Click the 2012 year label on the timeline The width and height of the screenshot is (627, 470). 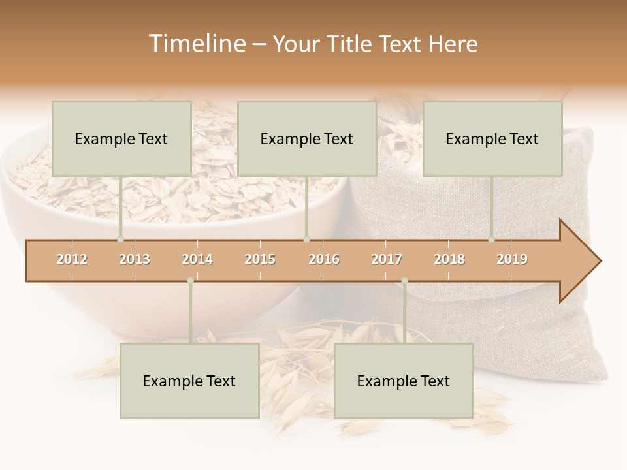(x=72, y=260)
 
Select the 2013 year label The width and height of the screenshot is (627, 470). (x=135, y=260)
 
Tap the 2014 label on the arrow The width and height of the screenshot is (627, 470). (x=197, y=260)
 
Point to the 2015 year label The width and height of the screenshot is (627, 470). (x=260, y=260)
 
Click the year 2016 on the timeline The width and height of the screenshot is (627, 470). (x=324, y=260)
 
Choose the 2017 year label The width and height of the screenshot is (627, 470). (x=387, y=260)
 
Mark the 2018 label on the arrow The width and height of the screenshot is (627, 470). (x=449, y=260)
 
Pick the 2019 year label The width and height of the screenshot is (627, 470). (x=512, y=260)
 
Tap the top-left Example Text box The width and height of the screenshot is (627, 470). (x=121, y=139)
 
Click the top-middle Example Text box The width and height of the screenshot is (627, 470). (x=307, y=139)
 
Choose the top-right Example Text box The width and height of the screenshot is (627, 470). (x=492, y=139)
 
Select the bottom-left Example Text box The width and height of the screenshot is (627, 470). (x=189, y=381)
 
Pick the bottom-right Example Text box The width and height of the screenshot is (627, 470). (x=404, y=381)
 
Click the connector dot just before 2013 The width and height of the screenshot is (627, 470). (x=120, y=240)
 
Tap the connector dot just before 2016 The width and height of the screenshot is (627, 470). (x=306, y=240)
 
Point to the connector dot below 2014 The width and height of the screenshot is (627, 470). (x=190, y=281)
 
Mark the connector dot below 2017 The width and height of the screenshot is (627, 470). (x=404, y=281)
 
